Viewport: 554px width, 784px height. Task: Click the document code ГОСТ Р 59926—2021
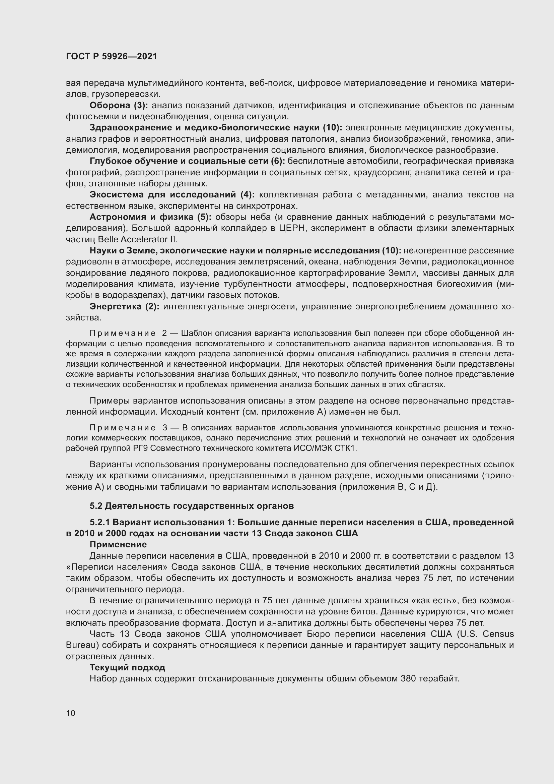pyautogui.click(x=112, y=57)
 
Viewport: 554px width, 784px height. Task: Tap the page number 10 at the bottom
pyautogui.click(x=71, y=713)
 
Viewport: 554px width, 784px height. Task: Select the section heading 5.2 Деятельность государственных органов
pyautogui.click(x=191, y=506)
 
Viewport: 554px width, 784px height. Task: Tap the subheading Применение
pyautogui.click(x=118, y=544)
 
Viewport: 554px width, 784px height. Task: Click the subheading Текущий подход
pyautogui.click(x=127, y=667)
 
